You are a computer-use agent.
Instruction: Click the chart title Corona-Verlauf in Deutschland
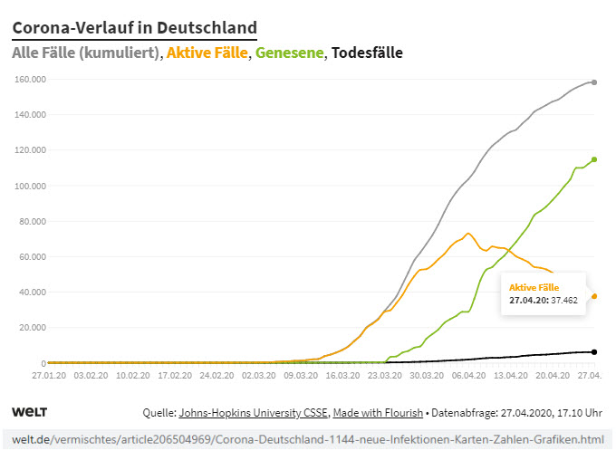pos(134,28)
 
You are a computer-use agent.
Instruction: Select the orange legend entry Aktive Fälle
pos(207,53)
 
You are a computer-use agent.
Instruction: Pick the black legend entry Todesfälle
pos(367,53)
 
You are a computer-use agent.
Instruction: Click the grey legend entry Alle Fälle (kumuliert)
pos(86,53)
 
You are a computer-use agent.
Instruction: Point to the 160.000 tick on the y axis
pos(31,79)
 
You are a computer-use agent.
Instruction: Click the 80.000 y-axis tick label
pos(33,221)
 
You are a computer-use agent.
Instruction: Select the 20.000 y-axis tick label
pos(33,327)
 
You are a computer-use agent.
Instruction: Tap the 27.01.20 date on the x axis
pos(48,373)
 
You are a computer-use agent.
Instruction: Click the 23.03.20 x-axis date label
pos(385,373)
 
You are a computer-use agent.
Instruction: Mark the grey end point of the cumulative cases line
pos(594,82)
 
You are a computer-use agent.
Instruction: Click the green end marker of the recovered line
pos(594,159)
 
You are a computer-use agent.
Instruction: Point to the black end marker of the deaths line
pos(594,351)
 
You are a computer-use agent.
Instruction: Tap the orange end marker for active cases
pos(594,296)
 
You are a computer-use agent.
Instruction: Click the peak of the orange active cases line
pos(468,234)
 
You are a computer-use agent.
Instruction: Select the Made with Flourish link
pos(378,413)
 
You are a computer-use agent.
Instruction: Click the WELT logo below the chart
pos(29,412)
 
